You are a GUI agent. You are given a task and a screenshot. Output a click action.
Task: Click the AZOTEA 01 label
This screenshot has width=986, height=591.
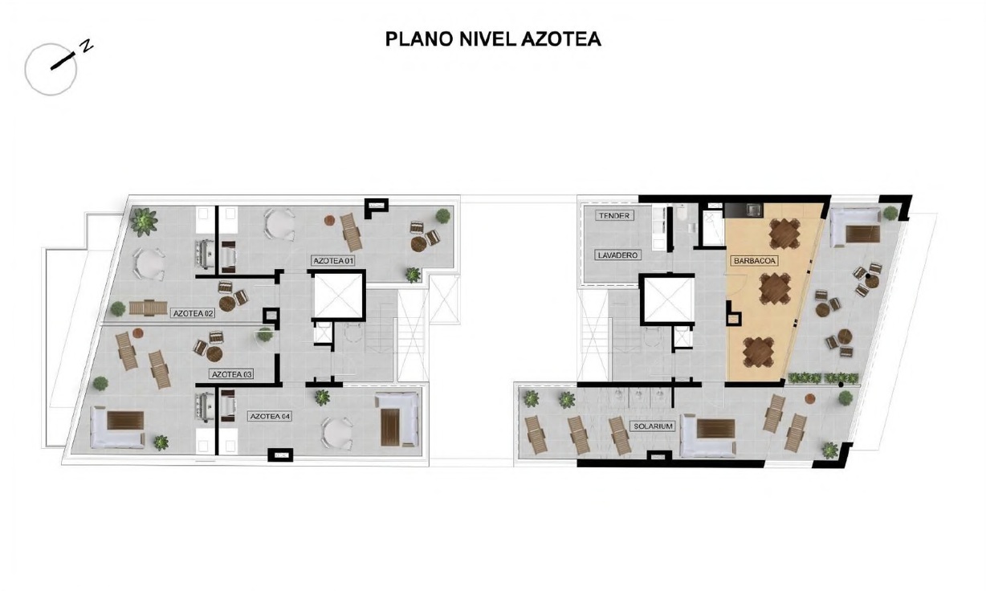(332, 260)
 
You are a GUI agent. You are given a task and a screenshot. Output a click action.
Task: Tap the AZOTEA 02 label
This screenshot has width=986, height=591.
(194, 313)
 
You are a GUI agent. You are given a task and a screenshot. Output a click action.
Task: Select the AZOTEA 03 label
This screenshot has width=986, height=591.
(232, 374)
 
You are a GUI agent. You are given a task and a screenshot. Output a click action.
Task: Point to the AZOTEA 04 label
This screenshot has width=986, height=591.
(270, 416)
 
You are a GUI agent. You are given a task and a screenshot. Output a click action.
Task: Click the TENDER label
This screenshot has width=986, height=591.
(614, 215)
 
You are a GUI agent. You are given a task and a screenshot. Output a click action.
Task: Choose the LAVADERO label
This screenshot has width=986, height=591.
(617, 255)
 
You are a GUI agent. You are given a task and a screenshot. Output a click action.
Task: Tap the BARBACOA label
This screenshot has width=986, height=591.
(754, 260)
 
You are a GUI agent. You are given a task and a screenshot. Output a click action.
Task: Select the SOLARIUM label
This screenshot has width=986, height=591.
(654, 426)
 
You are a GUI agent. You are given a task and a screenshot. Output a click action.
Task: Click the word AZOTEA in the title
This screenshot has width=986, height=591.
(561, 39)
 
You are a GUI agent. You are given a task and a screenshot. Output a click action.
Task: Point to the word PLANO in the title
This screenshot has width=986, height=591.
(419, 39)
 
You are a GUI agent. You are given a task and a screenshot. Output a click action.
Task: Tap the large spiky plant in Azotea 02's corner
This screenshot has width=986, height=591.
(144, 222)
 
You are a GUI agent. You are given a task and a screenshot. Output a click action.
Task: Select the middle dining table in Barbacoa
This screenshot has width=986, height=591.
(775, 289)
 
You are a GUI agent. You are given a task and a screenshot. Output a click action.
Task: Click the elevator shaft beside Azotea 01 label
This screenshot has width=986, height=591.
(337, 295)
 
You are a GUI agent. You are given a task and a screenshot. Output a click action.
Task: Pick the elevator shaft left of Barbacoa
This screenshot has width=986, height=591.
(667, 300)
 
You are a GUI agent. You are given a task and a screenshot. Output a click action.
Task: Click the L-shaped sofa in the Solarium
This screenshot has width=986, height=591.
(707, 436)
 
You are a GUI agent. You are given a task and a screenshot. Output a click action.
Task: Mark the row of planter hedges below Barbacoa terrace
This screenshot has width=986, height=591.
(823, 378)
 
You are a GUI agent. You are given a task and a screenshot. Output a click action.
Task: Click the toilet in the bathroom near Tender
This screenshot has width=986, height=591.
(682, 214)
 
